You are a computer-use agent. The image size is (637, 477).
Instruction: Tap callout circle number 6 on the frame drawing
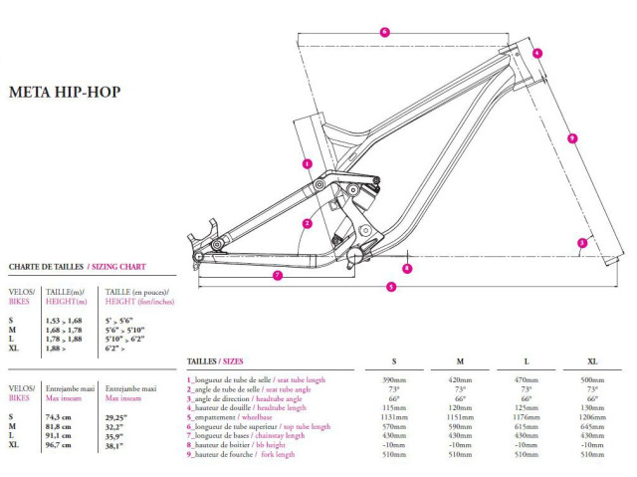(384, 32)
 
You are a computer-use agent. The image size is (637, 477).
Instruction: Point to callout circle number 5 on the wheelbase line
(391, 287)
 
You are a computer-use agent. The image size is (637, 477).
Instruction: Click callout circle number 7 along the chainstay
(278, 275)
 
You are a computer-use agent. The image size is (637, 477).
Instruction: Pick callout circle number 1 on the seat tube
(308, 163)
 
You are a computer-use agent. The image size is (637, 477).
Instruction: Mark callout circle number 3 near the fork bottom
(582, 241)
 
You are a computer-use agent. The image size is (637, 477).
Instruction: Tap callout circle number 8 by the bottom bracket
(407, 267)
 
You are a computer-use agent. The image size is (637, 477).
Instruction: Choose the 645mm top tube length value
(593, 425)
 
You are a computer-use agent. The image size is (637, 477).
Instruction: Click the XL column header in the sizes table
(593, 360)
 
